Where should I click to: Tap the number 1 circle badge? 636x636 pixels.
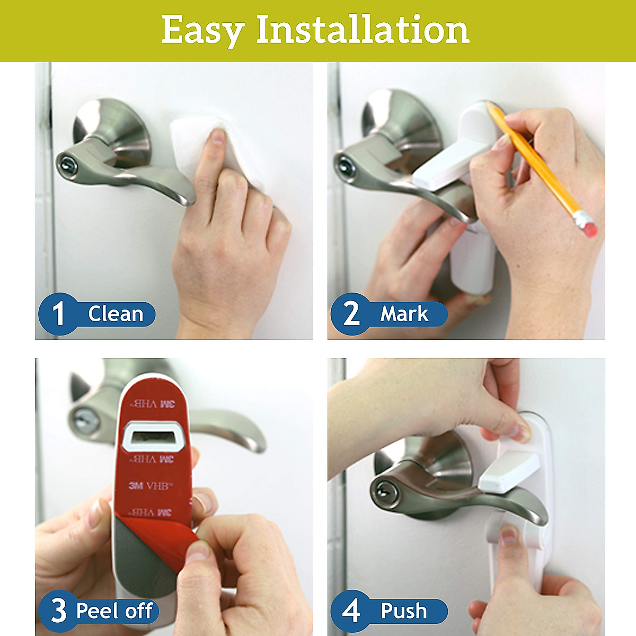coord(58,314)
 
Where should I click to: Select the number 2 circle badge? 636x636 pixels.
coord(351,314)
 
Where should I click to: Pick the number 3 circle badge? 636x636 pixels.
coord(58,611)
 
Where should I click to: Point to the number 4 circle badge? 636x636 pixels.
coord(351,611)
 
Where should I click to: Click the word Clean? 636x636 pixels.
coord(116,314)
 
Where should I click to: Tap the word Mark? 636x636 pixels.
coord(404,314)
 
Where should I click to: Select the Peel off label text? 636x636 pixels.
coord(114,611)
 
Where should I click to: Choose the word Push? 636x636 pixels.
coord(404,611)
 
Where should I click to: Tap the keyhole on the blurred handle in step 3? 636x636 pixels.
coord(85,421)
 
